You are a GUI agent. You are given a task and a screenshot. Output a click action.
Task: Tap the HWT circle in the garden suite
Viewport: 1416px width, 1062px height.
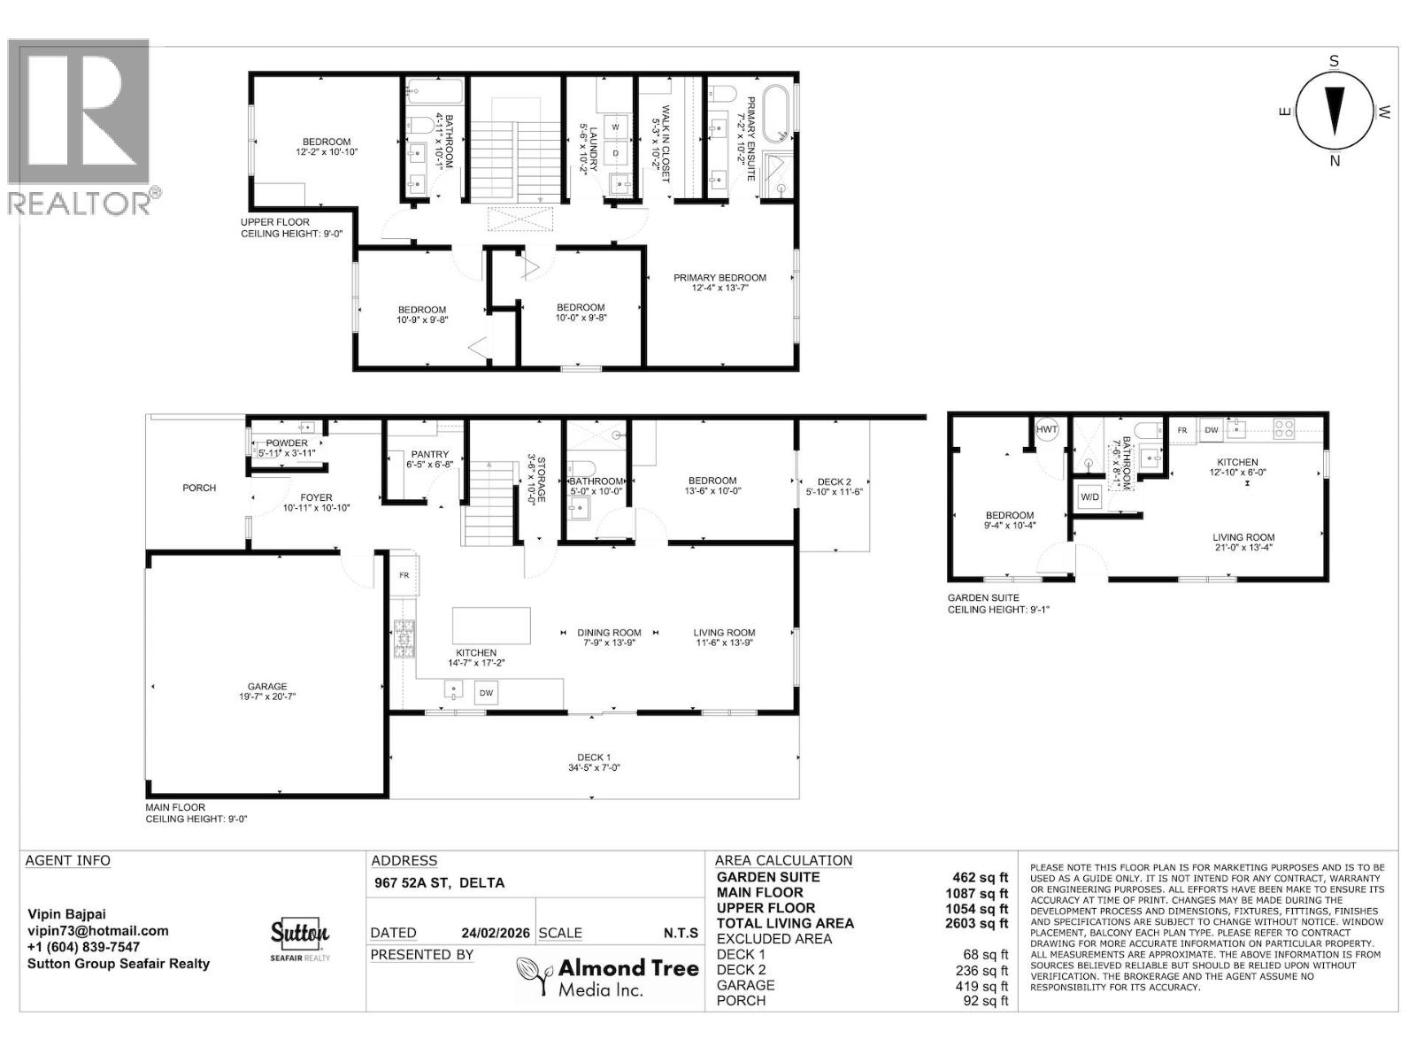(x=1047, y=429)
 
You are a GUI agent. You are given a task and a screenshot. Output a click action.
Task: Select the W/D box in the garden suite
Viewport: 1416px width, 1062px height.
(x=1089, y=497)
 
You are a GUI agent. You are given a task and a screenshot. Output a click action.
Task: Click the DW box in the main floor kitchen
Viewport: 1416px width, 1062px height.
(x=486, y=693)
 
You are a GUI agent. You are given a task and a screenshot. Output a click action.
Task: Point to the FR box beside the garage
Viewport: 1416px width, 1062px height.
(x=404, y=575)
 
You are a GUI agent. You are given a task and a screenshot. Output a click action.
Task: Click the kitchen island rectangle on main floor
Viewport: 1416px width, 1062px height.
(x=491, y=626)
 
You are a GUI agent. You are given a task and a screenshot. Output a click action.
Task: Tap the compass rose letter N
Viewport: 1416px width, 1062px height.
(x=1335, y=161)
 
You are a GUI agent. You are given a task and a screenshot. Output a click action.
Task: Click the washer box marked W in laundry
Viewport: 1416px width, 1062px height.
(x=615, y=127)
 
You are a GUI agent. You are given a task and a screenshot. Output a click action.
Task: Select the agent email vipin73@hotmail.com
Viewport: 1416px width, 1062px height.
(x=97, y=931)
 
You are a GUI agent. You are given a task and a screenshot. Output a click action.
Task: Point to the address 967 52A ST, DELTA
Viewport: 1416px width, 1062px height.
(x=438, y=882)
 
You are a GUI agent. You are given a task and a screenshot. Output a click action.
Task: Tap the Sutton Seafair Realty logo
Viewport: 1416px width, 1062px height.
(x=299, y=939)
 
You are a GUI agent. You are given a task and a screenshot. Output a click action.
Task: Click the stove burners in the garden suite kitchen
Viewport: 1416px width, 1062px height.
(x=1283, y=430)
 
